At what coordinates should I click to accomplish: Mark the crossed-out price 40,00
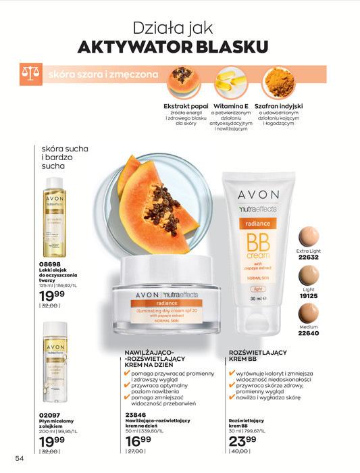(239, 459)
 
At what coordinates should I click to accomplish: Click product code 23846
(136, 415)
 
